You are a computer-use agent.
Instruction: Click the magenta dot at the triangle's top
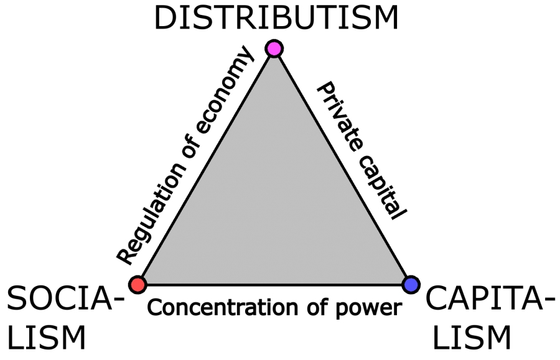(274, 48)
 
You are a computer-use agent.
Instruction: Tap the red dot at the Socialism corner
(138, 284)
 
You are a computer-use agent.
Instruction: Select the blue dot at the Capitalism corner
(410, 284)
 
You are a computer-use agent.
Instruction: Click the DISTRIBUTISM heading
(276, 18)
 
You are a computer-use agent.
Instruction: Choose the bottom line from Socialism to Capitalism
(274, 285)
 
